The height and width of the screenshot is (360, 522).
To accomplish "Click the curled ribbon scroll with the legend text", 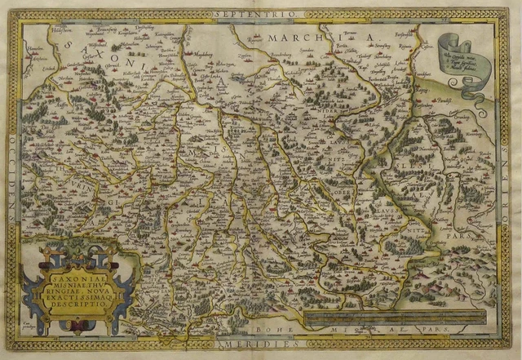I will (x=467, y=56).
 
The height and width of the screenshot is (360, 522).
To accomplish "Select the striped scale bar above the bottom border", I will (x=391, y=318).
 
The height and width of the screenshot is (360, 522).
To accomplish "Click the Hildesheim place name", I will (x=62, y=28).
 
